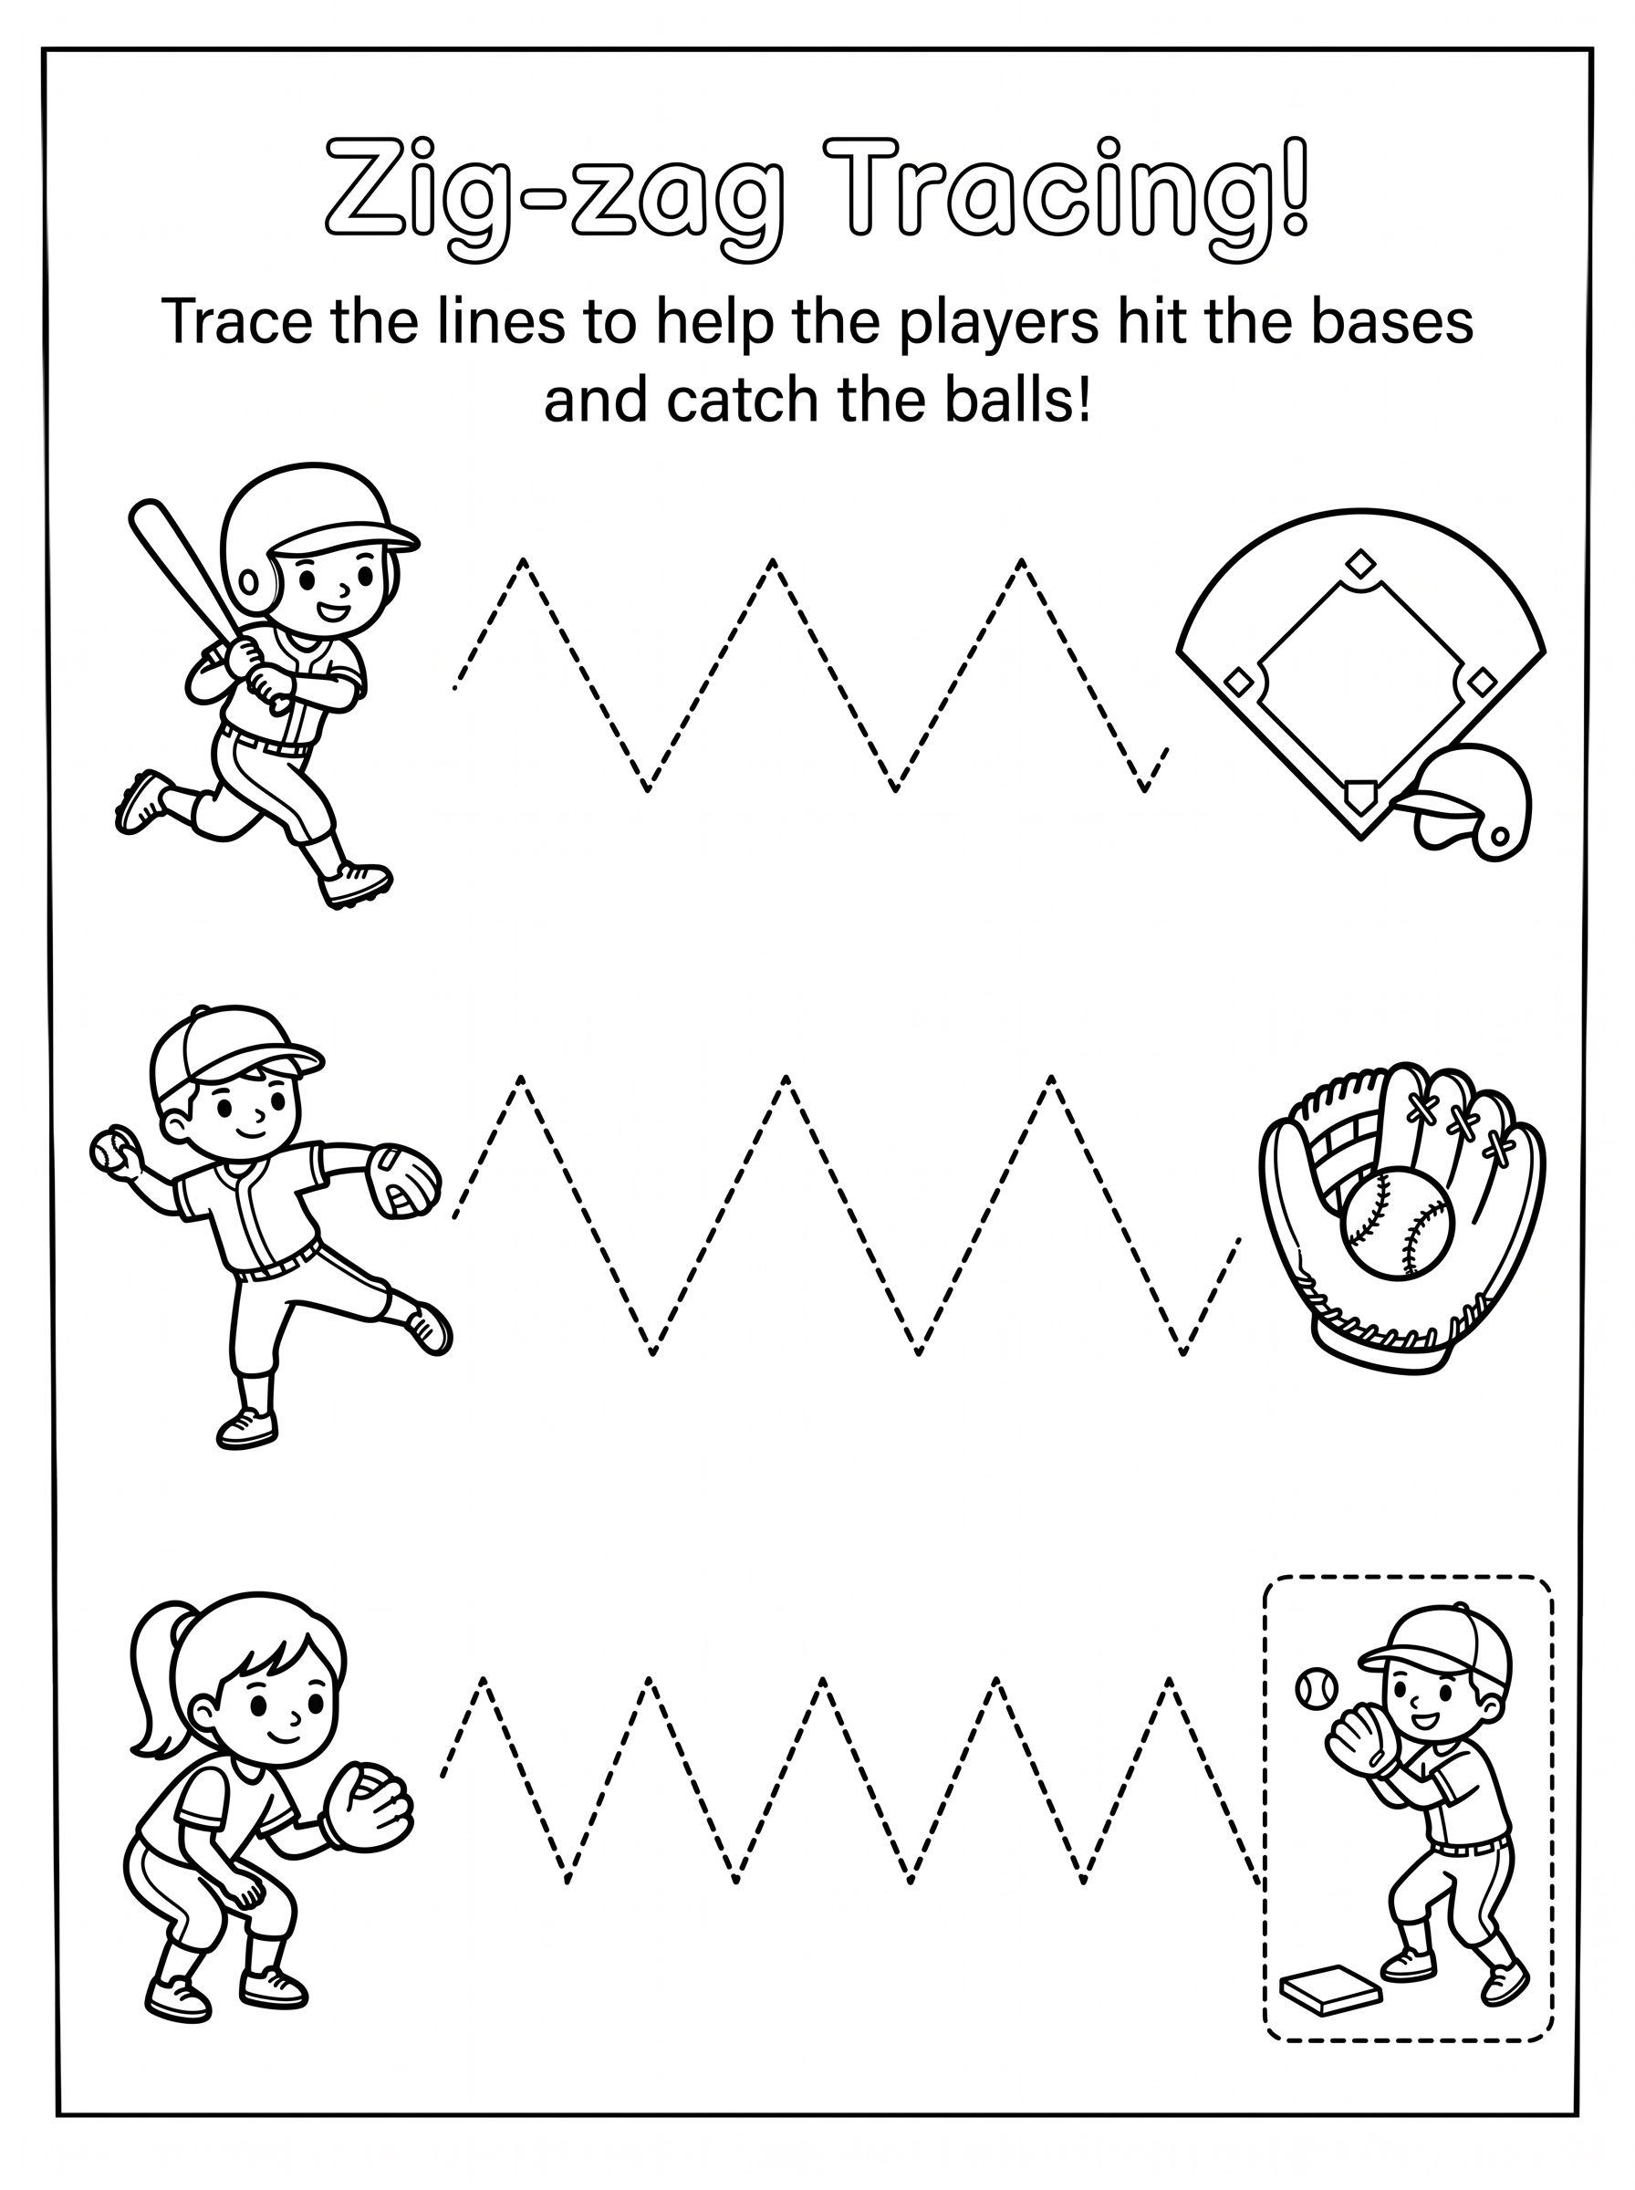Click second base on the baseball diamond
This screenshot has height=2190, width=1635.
point(1362,564)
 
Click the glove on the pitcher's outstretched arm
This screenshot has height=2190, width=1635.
point(402,1181)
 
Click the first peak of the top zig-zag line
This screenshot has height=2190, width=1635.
point(523,561)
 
